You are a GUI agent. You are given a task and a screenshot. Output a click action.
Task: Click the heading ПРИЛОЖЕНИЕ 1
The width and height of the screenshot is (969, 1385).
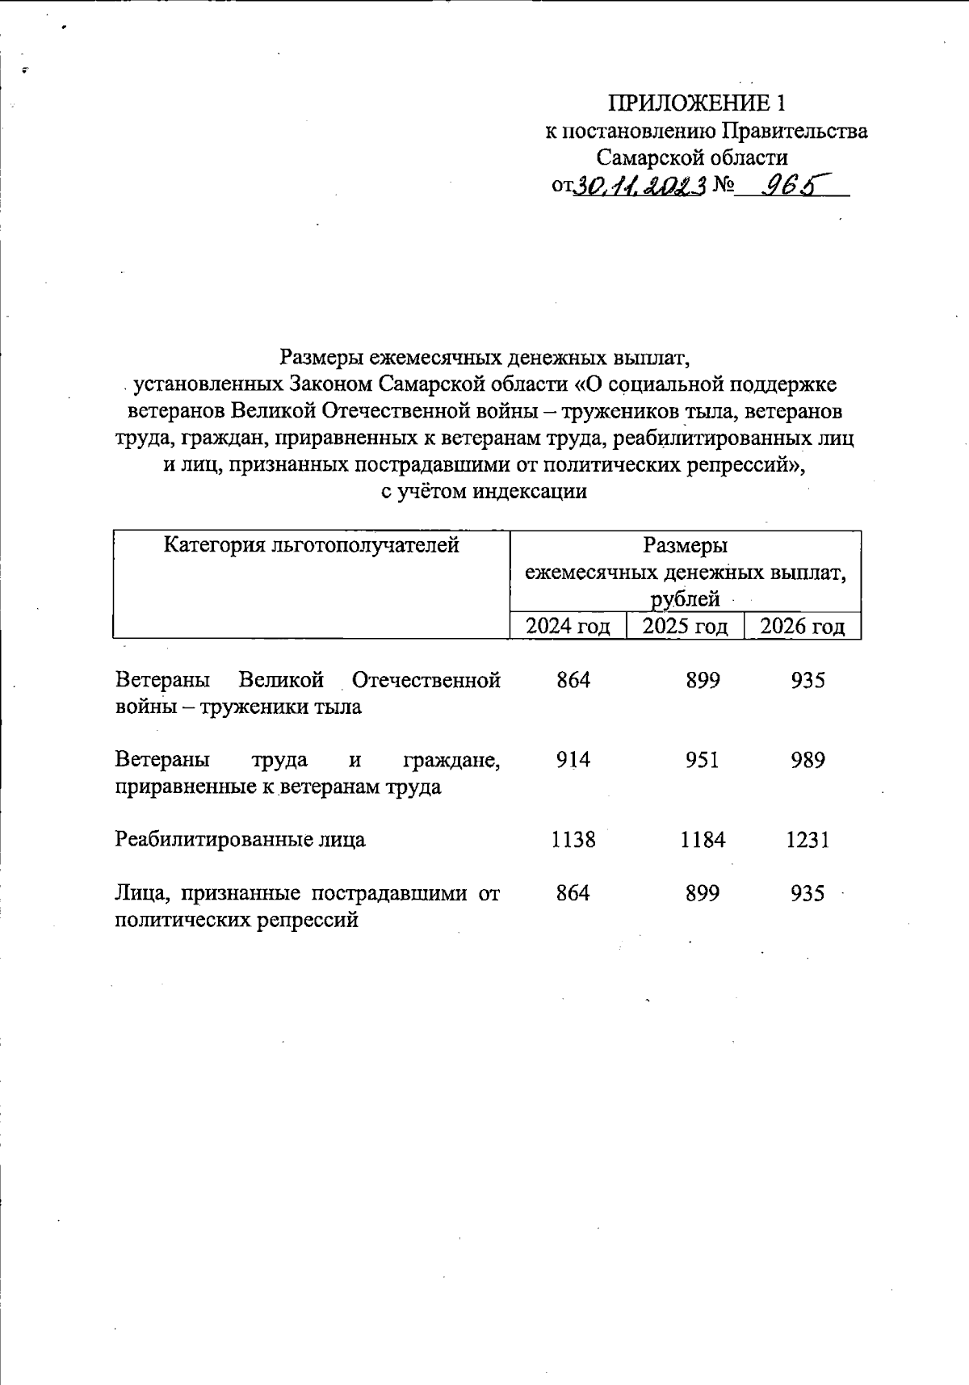(696, 103)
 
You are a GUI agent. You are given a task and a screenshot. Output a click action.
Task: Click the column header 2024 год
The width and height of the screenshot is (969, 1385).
(568, 626)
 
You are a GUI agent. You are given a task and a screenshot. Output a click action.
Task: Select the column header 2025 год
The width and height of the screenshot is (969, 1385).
(685, 626)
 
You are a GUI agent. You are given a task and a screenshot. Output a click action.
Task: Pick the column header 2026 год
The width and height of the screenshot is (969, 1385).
(802, 626)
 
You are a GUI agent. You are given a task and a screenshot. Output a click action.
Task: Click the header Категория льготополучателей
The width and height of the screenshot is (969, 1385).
(311, 545)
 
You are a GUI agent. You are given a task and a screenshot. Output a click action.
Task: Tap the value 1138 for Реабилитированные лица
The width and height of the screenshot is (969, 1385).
(573, 840)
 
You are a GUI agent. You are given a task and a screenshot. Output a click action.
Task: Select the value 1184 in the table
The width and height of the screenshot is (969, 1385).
(703, 840)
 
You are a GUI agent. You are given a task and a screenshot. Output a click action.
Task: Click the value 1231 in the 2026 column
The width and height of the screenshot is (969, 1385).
(807, 840)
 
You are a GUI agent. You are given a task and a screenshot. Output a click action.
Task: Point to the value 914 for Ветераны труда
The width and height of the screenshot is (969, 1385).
(573, 760)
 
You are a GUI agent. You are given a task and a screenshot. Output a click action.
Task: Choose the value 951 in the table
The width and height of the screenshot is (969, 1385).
(703, 760)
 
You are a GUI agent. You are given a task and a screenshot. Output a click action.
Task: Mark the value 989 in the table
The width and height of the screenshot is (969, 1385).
(807, 760)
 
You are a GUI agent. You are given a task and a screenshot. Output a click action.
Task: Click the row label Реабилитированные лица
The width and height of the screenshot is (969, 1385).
(240, 840)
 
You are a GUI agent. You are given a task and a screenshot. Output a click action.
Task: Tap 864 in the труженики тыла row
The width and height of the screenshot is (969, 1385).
(573, 680)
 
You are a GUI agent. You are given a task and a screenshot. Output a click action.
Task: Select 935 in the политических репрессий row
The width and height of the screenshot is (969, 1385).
(807, 893)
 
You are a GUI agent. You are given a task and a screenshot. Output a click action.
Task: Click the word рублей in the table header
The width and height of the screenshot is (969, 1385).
(685, 599)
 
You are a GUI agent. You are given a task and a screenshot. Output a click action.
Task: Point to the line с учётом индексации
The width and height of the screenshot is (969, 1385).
(484, 491)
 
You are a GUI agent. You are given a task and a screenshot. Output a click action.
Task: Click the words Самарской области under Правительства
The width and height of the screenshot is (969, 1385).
(692, 157)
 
